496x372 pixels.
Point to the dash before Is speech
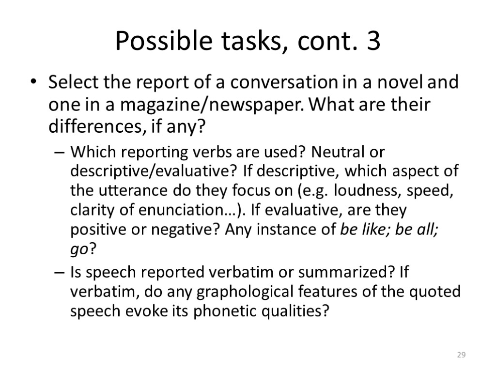click(59, 273)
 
